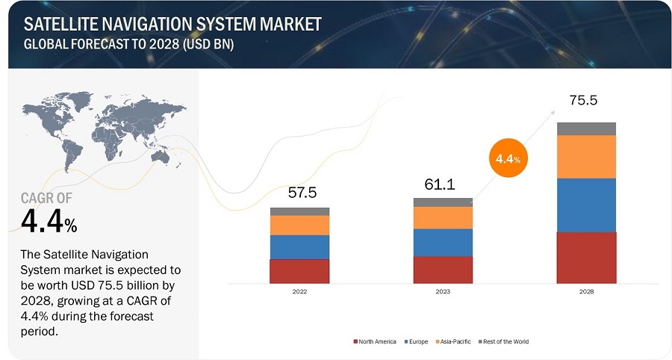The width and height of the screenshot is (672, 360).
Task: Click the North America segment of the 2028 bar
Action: pyautogui.click(x=586, y=258)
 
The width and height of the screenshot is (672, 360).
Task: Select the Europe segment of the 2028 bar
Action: pyautogui.click(x=586, y=205)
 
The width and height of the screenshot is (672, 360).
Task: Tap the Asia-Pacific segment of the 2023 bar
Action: pyautogui.click(x=443, y=217)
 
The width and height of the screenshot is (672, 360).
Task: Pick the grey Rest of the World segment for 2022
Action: pyautogui.click(x=299, y=211)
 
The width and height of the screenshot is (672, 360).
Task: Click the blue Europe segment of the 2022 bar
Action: pyautogui.click(x=299, y=247)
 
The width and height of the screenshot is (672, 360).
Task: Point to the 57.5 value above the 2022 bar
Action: pyautogui.click(x=302, y=193)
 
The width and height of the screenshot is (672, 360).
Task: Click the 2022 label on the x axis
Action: pyautogui.click(x=299, y=292)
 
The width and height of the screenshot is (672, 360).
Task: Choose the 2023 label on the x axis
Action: pyautogui.click(x=443, y=292)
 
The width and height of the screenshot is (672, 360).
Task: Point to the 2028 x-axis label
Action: pyautogui.click(x=586, y=292)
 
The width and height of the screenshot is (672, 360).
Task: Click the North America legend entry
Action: pyautogui.click(x=375, y=341)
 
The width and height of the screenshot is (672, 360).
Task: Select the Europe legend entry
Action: pyautogui.click(x=417, y=341)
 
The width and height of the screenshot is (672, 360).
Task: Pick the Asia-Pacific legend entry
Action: pyautogui.click(x=453, y=341)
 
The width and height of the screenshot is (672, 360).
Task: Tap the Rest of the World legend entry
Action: pyautogui.click(x=505, y=341)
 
